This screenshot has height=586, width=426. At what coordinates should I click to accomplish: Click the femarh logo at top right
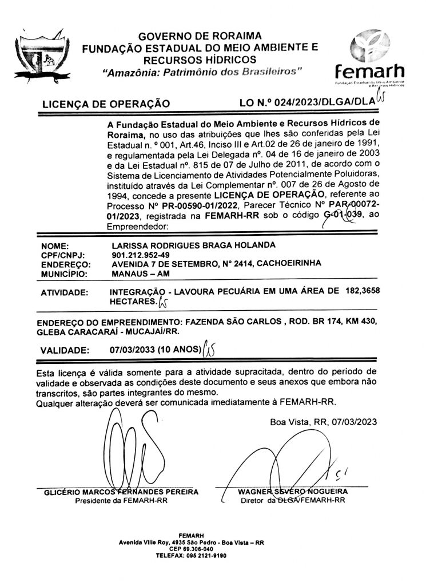click(x=373, y=60)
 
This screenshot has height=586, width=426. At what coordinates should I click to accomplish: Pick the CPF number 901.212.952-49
click(x=141, y=255)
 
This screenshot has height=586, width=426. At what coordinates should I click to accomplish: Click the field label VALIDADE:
click(x=65, y=350)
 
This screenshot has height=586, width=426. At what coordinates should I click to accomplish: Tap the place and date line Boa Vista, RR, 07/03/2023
click(x=324, y=422)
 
